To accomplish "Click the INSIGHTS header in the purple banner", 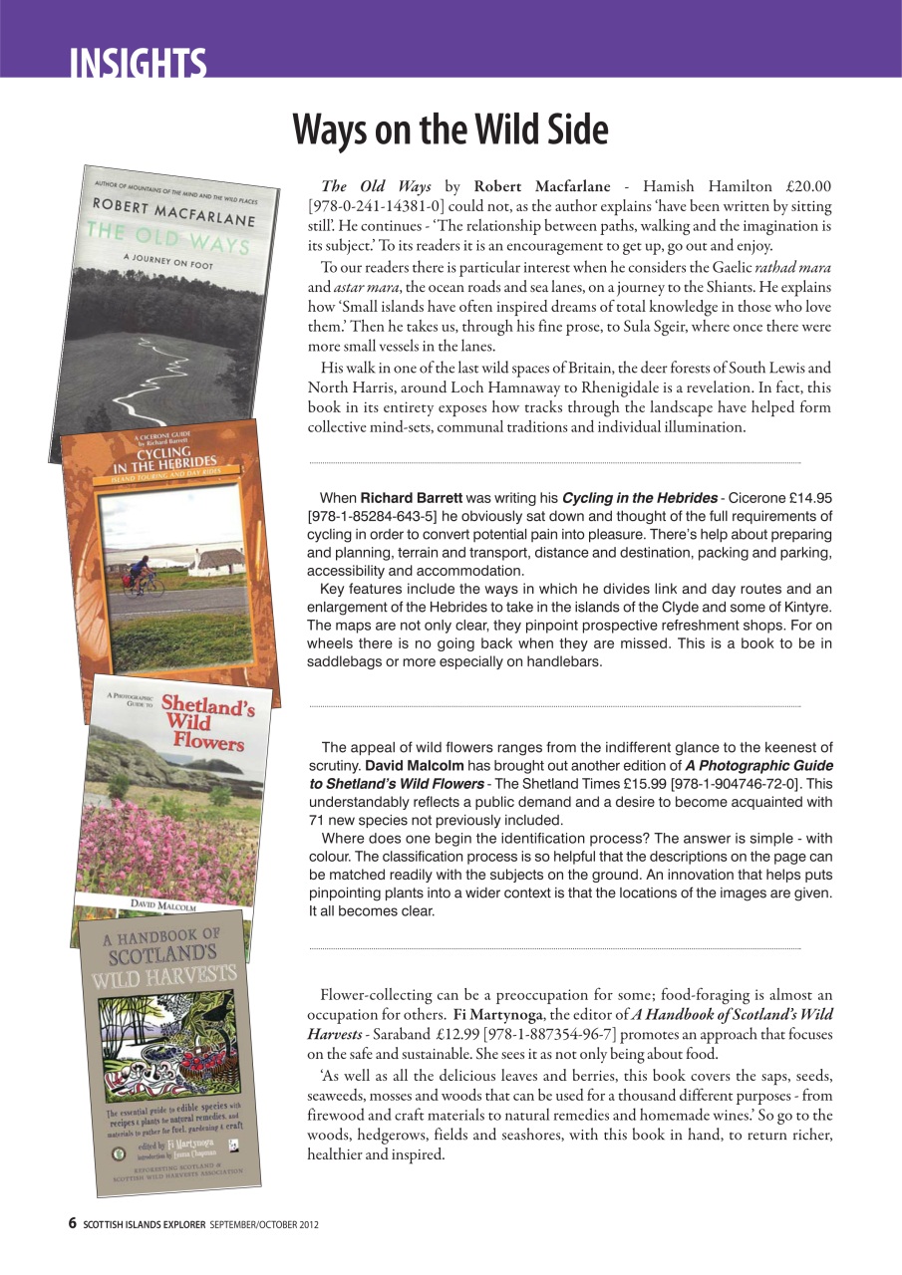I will click(x=138, y=63).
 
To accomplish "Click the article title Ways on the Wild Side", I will click(x=450, y=130).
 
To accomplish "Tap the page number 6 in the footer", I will click(x=72, y=1222).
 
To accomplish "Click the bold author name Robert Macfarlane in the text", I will click(x=538, y=186).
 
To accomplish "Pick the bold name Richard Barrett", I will click(x=411, y=497).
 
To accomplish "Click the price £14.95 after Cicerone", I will click(x=808, y=497).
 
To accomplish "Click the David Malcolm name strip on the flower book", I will click(x=164, y=903).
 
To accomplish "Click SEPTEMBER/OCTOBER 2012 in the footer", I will click(x=264, y=1223).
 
